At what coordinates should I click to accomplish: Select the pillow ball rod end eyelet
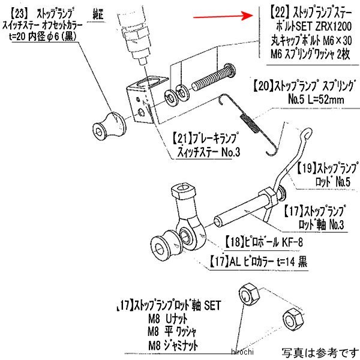pos(191,237)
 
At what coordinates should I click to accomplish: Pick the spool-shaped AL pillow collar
pos(163,242)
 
